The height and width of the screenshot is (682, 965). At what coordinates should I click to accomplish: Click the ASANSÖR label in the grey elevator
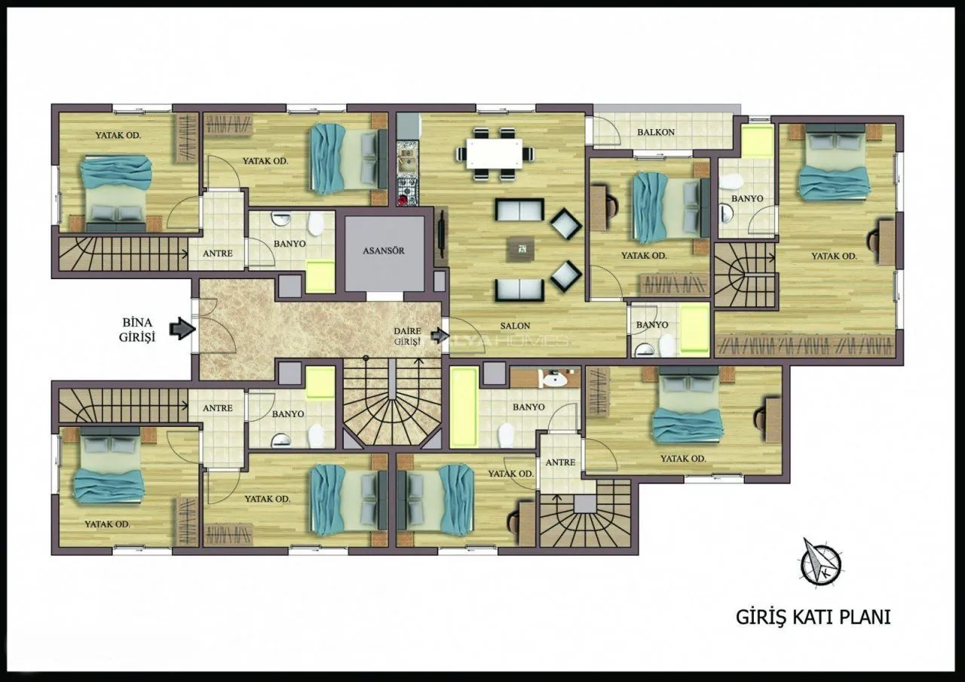tap(384, 250)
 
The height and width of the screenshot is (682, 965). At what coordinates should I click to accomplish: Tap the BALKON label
tap(656, 132)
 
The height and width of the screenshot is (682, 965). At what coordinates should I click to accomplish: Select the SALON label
tap(515, 326)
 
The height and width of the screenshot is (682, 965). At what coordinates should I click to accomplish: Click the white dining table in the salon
tap(494, 153)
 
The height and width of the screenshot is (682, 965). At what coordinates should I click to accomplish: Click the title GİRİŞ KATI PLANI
tap(813, 617)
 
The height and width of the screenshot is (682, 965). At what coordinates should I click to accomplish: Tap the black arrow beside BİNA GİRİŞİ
tap(182, 329)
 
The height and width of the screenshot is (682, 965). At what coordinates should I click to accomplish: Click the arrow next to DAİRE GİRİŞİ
tap(440, 335)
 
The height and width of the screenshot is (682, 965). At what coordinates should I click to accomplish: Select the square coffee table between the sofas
tap(521, 249)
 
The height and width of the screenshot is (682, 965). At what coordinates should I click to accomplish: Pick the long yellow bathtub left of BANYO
tap(464, 407)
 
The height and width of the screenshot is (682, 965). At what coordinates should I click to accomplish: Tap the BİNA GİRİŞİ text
tap(137, 330)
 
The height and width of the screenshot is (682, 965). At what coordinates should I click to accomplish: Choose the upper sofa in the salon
tap(519, 210)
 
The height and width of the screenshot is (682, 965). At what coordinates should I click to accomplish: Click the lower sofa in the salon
tap(519, 290)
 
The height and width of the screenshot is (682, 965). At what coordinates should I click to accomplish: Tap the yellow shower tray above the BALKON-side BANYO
tap(757, 141)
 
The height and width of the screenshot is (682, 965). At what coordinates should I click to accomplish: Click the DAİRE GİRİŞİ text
tap(407, 336)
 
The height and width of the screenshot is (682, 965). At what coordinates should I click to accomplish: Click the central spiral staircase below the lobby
tap(392, 404)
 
